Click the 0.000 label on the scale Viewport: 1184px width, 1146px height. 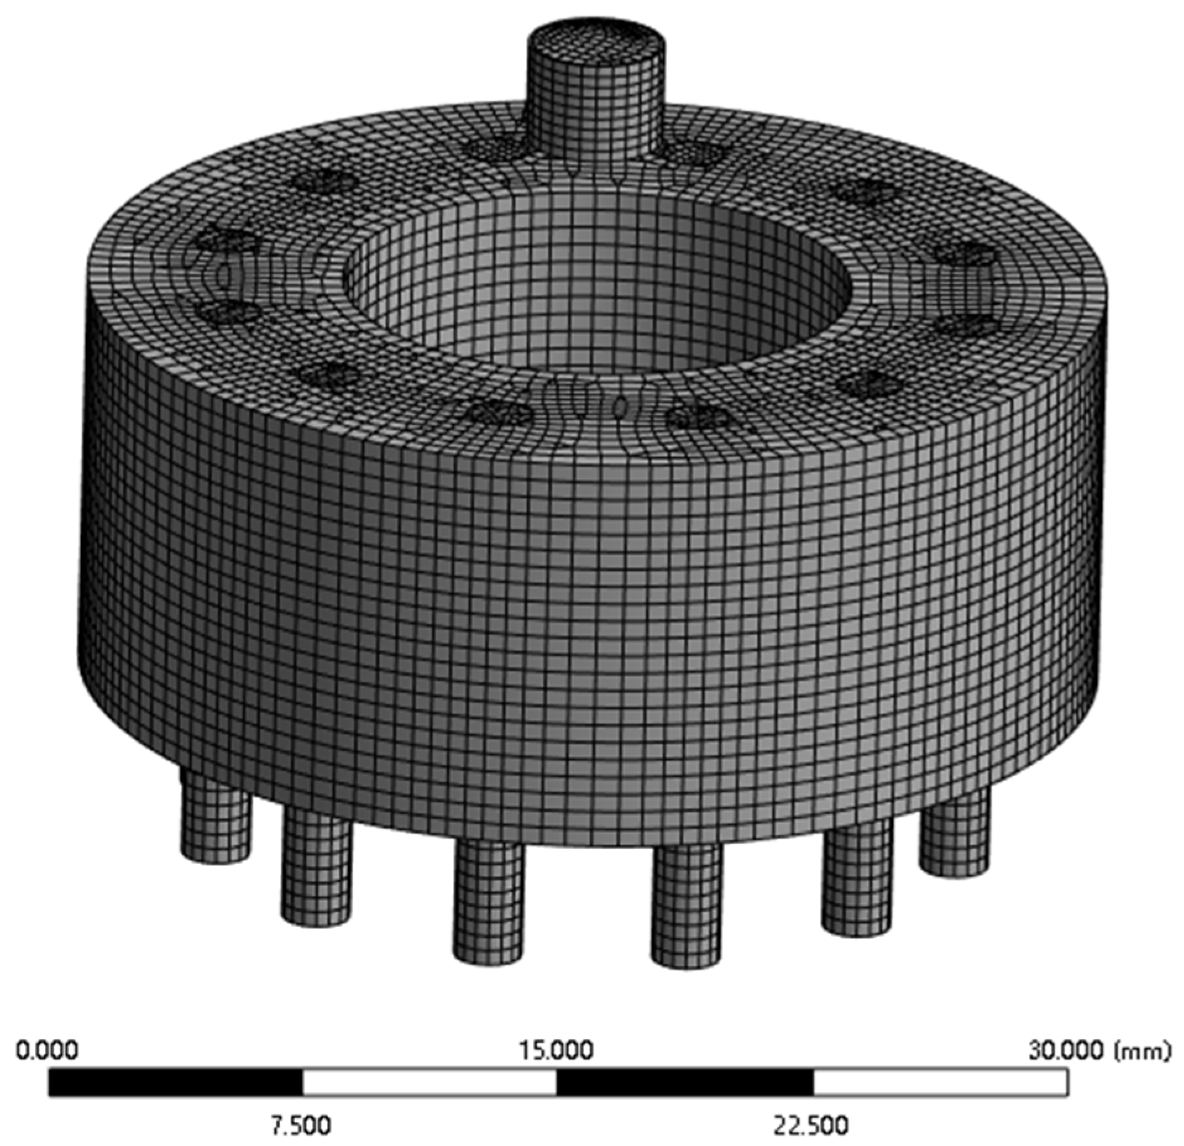tap(47, 1050)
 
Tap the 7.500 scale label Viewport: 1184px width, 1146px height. tap(300, 1126)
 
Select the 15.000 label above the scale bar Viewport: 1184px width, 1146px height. tap(556, 1050)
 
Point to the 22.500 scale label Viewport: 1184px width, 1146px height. tap(811, 1126)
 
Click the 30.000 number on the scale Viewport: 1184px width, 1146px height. tap(1068, 1050)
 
